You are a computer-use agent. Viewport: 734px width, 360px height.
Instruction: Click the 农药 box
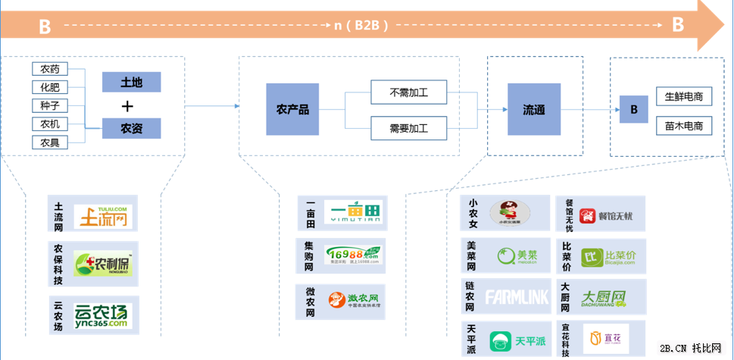pyautogui.click(x=50, y=69)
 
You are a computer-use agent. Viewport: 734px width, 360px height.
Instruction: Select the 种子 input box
pyautogui.click(x=50, y=105)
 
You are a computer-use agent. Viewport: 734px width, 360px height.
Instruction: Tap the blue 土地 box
pyautogui.click(x=132, y=82)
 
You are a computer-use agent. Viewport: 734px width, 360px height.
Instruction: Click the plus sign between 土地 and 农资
pyautogui.click(x=128, y=106)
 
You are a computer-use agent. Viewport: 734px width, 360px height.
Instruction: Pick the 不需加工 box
pyautogui.click(x=408, y=92)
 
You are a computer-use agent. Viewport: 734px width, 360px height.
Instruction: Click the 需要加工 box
pyautogui.click(x=408, y=128)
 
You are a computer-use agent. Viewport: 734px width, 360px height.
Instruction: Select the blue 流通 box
pyautogui.click(x=533, y=110)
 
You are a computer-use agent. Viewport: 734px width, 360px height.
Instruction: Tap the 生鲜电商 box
pyautogui.click(x=684, y=97)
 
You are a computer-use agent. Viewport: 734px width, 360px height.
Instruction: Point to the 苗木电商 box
pyautogui.click(x=684, y=125)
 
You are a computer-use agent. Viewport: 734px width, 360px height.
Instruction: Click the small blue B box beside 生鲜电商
pyautogui.click(x=633, y=110)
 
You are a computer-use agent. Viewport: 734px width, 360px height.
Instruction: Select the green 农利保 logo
pyautogui.click(x=103, y=265)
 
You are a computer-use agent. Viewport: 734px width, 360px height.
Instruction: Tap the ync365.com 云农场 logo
pyautogui.click(x=103, y=314)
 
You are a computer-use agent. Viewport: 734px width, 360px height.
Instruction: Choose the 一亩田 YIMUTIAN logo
pyautogui.click(x=353, y=213)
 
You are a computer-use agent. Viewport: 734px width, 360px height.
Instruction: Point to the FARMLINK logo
pyautogui.click(x=517, y=297)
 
